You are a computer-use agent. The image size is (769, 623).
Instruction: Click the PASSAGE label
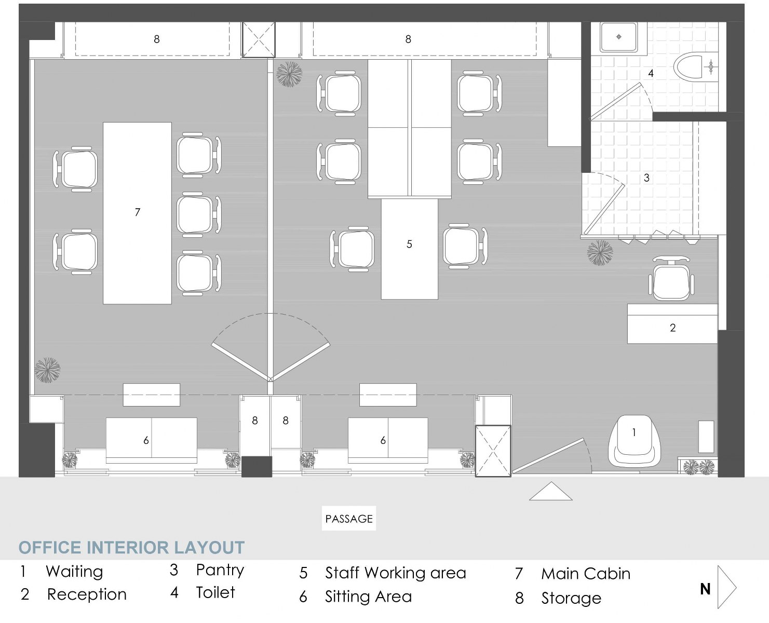tap(349, 519)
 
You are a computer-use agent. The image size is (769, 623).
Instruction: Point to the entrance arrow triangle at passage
tap(550, 492)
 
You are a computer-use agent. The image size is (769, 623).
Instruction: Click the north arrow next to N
tap(727, 587)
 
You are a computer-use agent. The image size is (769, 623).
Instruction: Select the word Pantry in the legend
tap(220, 570)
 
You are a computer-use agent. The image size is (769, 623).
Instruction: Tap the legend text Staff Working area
tap(395, 573)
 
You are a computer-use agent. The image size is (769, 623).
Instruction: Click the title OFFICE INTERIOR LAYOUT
tap(131, 548)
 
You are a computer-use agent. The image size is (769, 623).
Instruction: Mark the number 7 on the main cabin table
tap(137, 212)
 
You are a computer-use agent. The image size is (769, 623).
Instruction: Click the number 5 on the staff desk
tap(409, 244)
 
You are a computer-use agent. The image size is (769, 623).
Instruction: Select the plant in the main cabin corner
tap(47, 370)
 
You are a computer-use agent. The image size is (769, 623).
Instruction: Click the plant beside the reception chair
tap(600, 253)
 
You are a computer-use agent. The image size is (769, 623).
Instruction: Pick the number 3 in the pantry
tap(646, 178)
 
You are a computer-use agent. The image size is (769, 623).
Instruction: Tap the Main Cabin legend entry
tap(585, 574)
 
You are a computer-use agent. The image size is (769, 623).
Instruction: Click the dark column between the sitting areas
tap(257, 466)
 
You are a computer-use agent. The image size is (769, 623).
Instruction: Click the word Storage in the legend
tap(571, 598)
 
